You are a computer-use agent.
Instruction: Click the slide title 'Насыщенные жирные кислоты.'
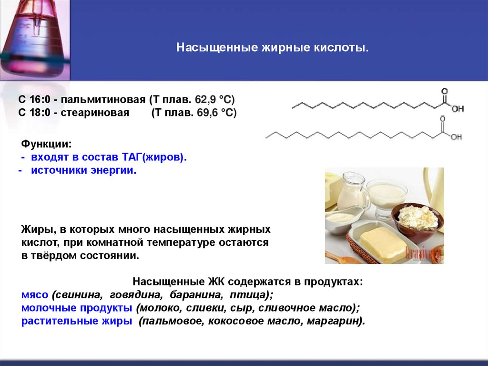click(273, 48)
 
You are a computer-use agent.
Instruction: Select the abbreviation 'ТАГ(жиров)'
click(157, 157)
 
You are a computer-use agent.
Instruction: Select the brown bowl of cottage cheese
click(417, 220)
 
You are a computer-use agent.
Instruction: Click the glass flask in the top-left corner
click(32, 38)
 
